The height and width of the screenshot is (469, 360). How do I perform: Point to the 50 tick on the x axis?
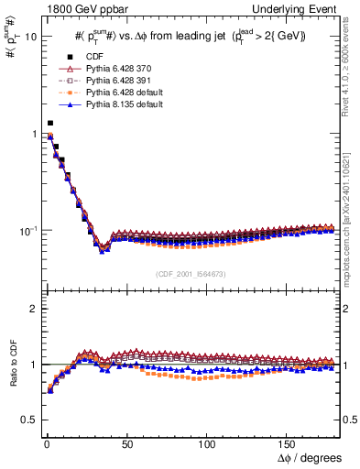tap(127, 442)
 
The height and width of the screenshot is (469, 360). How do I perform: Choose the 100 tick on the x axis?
tap(208, 442)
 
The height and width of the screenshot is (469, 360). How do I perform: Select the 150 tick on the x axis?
tap(289, 442)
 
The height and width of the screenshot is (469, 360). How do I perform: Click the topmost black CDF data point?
tap(50, 123)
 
